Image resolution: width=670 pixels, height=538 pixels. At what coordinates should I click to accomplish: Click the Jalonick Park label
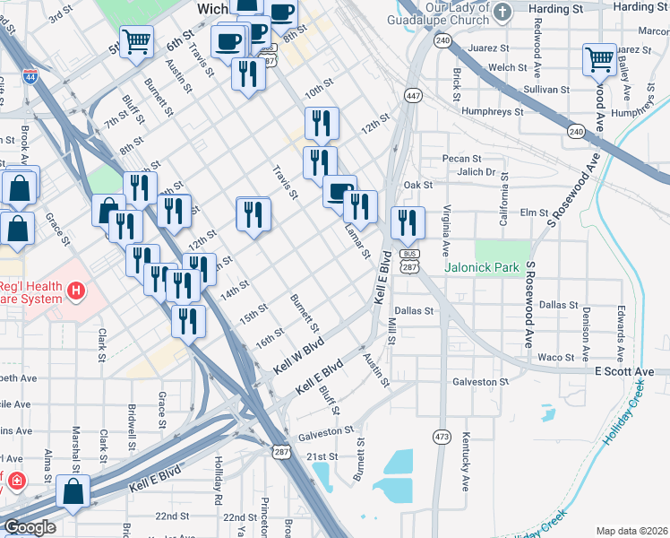point(482,267)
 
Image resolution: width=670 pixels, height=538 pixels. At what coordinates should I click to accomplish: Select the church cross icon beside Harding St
point(502,12)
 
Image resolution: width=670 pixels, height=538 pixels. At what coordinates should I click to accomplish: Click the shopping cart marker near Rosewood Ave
point(599,59)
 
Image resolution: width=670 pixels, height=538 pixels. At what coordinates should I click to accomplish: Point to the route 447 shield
point(412,95)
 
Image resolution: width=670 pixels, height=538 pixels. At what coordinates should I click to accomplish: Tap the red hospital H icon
point(77,291)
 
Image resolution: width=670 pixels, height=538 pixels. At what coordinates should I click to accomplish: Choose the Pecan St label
point(462,159)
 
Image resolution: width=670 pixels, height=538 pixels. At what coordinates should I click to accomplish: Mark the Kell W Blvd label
point(298,355)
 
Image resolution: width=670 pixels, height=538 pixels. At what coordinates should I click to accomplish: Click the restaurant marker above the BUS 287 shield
point(408,221)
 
